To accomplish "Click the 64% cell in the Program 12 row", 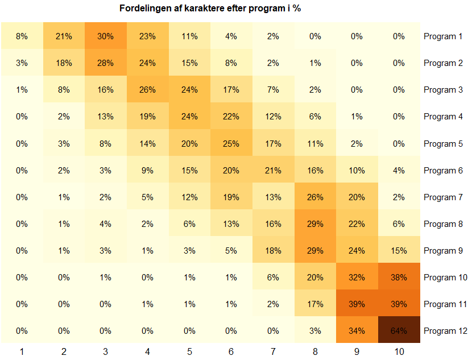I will [399, 331].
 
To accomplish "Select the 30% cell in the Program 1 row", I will [105, 36].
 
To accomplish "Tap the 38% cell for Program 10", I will [399, 278].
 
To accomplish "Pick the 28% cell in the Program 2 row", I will [105, 63].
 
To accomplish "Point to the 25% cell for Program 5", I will [231, 144].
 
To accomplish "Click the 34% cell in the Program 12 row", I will [357, 331].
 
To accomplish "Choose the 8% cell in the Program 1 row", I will [22, 36].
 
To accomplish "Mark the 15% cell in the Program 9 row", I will [399, 251].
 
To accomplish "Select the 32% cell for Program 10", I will [357, 278].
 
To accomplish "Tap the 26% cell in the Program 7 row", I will [315, 197].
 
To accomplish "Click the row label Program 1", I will [443, 36].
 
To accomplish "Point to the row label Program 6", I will [443, 171].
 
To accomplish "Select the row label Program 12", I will [445, 331].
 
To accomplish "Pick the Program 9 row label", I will [443, 251].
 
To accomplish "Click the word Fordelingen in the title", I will [144, 9].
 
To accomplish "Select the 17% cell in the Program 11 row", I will [315, 304].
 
